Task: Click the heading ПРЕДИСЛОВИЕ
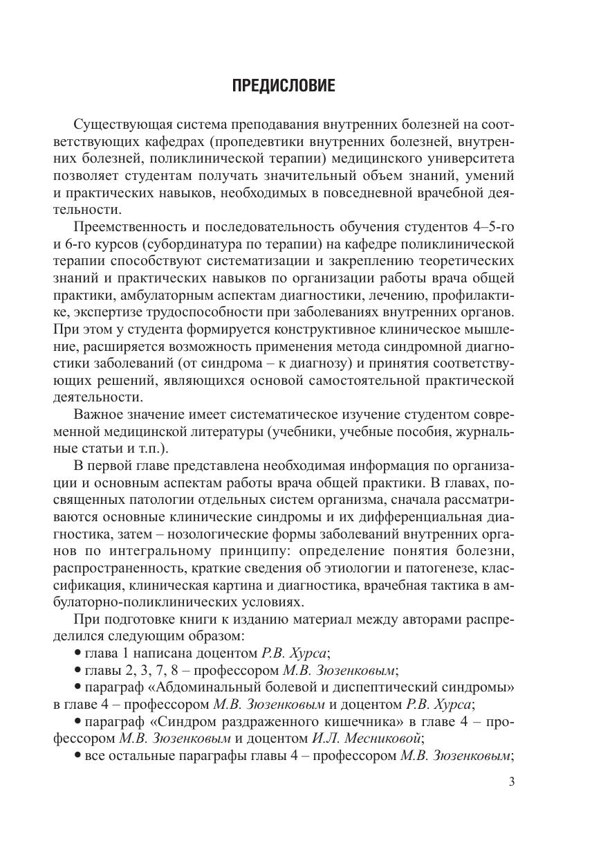tap(284, 86)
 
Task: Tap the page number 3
tap(512, 782)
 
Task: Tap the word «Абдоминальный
tap(201, 687)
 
